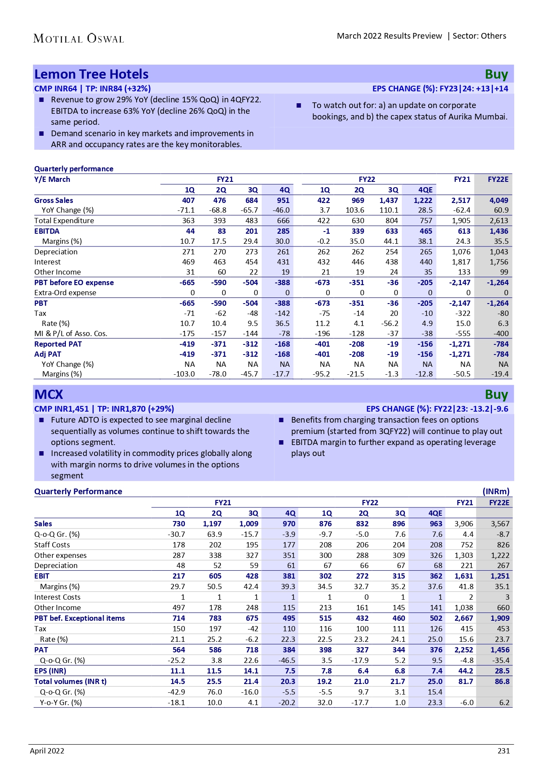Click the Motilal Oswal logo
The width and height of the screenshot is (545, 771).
[x=79, y=39]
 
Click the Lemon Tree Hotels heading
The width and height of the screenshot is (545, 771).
[x=91, y=74]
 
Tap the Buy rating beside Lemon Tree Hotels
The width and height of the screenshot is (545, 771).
[x=496, y=75]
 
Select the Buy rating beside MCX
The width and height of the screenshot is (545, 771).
[x=496, y=395]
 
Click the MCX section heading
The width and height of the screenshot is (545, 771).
[x=49, y=395]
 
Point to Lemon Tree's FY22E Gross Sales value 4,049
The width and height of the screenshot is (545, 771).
[x=499, y=200]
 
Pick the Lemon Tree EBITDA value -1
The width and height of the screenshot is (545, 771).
[x=326, y=231]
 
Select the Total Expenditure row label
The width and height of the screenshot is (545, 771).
[x=64, y=221]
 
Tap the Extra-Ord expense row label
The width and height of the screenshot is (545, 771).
[x=65, y=293]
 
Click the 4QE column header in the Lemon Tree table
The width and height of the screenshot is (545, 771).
[x=425, y=190]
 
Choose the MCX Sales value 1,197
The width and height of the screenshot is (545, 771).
[x=212, y=524]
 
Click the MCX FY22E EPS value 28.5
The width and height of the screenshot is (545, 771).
[x=502, y=671]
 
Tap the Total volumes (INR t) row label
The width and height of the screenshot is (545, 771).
[x=70, y=681]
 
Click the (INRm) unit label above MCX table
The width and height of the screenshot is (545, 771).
[x=496, y=492]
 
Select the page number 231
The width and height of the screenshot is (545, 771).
[x=504, y=751]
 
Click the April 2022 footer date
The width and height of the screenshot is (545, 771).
[x=47, y=751]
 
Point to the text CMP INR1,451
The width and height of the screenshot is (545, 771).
[x=61, y=409]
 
